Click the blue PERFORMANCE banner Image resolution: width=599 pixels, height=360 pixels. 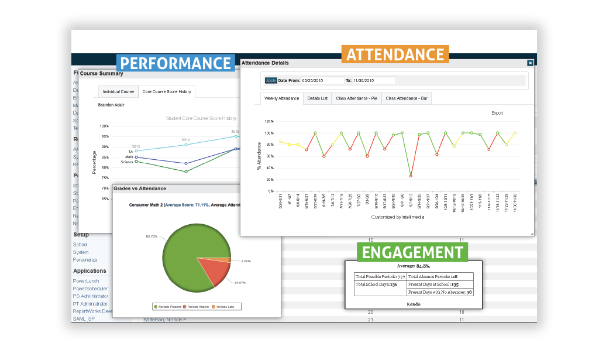click(175, 63)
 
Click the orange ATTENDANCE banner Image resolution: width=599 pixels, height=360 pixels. click(395, 54)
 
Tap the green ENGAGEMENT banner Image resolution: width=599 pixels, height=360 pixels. click(412, 252)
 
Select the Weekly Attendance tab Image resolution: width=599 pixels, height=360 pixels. click(281, 98)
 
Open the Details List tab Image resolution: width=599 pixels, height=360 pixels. click(318, 98)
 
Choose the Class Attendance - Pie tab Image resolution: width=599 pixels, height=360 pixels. click(356, 98)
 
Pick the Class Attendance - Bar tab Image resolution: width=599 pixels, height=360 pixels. click(407, 98)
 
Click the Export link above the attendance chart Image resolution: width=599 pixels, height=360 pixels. click(497, 113)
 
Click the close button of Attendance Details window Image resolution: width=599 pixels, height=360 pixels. click(530, 63)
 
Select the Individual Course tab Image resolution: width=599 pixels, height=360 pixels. click(118, 91)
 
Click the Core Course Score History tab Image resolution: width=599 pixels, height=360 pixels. click(167, 91)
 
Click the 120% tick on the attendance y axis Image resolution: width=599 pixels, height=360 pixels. click(268, 122)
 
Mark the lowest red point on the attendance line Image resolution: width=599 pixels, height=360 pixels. click(411, 176)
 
